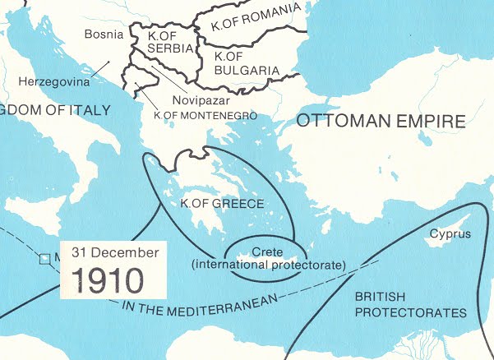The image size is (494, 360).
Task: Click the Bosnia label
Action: click(x=104, y=35)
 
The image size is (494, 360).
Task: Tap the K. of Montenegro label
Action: click(x=205, y=116)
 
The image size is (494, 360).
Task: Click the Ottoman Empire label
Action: click(x=380, y=122)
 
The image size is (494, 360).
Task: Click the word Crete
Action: click(x=266, y=249)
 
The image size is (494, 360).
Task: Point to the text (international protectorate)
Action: click(x=266, y=264)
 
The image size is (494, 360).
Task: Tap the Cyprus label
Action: click(x=450, y=234)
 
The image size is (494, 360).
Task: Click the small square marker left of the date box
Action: click(x=44, y=258)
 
